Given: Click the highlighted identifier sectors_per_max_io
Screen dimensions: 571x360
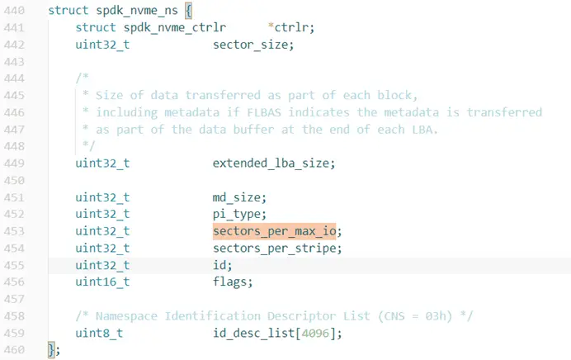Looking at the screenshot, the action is coord(276,231).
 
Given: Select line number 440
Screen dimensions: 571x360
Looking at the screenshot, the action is coord(16,11).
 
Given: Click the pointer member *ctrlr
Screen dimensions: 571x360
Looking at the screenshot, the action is coord(290,28).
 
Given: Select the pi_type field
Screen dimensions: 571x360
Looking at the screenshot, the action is coord(237,214).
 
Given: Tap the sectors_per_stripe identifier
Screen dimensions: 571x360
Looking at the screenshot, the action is coord(276,249).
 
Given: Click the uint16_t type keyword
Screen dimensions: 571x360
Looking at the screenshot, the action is coord(102,282).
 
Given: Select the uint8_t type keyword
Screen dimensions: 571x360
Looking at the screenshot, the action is coord(99,333).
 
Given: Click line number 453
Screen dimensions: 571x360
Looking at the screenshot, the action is coord(16,231).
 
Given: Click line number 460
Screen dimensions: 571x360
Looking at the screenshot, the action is coord(16,350).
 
